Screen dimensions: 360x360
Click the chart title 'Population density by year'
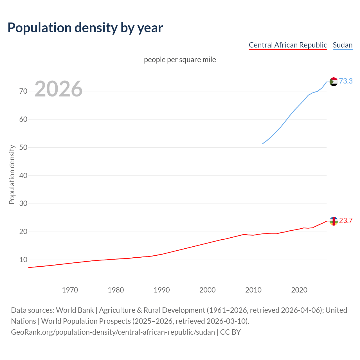(x=85, y=28)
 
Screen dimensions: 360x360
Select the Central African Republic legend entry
(x=288, y=45)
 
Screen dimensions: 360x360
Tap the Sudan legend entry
(x=342, y=45)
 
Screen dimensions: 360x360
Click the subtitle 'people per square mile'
(x=180, y=60)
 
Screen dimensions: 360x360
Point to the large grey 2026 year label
(x=58, y=89)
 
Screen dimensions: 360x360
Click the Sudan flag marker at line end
(x=333, y=82)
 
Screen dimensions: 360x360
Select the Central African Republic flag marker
(x=333, y=221)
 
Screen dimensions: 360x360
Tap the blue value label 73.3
(x=346, y=81)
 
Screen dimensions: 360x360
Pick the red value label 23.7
(x=346, y=220)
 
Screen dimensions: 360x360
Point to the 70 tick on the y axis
(x=23, y=91)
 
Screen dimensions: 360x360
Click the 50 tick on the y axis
(x=23, y=147)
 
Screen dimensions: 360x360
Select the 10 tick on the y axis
(x=23, y=260)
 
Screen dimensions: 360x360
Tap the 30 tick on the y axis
(x=23, y=204)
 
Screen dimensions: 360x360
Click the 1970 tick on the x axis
(x=70, y=290)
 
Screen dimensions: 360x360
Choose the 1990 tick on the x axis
(x=162, y=290)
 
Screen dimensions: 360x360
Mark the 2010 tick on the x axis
(x=253, y=290)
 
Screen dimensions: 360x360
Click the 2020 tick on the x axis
(x=299, y=290)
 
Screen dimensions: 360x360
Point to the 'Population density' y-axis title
(x=12, y=174)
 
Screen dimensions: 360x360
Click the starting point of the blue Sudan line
(x=263, y=144)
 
